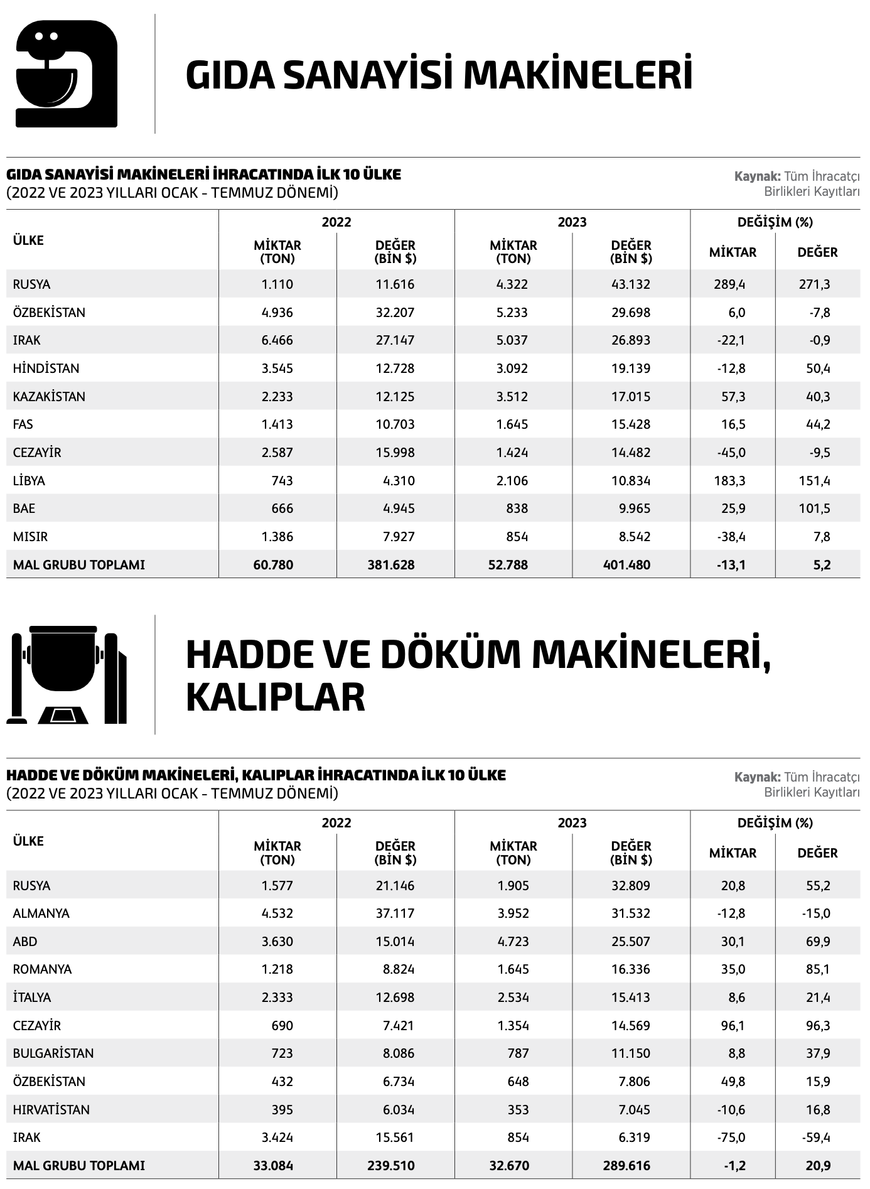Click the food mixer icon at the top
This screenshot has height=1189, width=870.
tap(66, 73)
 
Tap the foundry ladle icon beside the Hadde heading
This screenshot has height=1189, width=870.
tap(67, 675)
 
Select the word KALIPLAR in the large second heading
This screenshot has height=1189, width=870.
tap(275, 697)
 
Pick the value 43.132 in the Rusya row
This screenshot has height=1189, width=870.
tap(631, 284)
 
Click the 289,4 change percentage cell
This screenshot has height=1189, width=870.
tap(729, 284)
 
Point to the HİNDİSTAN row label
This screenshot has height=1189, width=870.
tap(46, 369)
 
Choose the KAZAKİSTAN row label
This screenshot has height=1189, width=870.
tap(49, 397)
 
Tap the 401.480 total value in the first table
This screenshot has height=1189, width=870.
tap(630, 565)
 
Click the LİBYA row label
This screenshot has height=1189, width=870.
tap(29, 481)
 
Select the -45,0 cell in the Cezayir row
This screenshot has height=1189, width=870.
tap(731, 453)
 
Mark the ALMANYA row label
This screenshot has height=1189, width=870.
tap(41, 913)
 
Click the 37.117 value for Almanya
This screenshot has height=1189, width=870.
tap(395, 913)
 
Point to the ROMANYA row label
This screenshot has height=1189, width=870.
tap(43, 969)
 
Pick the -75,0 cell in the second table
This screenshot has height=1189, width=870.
tap(731, 1138)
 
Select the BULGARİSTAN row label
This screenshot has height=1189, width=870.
tap(53, 1053)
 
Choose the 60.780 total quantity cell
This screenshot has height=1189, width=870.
tap(273, 565)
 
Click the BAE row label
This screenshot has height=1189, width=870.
tap(24, 508)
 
